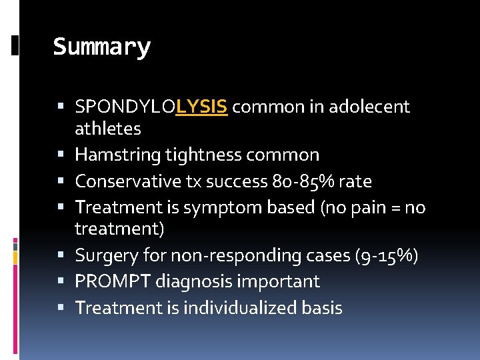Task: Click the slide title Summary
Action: [101, 47]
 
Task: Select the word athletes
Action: [107, 127]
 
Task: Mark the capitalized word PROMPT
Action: [113, 281]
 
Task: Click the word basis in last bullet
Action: [321, 308]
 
